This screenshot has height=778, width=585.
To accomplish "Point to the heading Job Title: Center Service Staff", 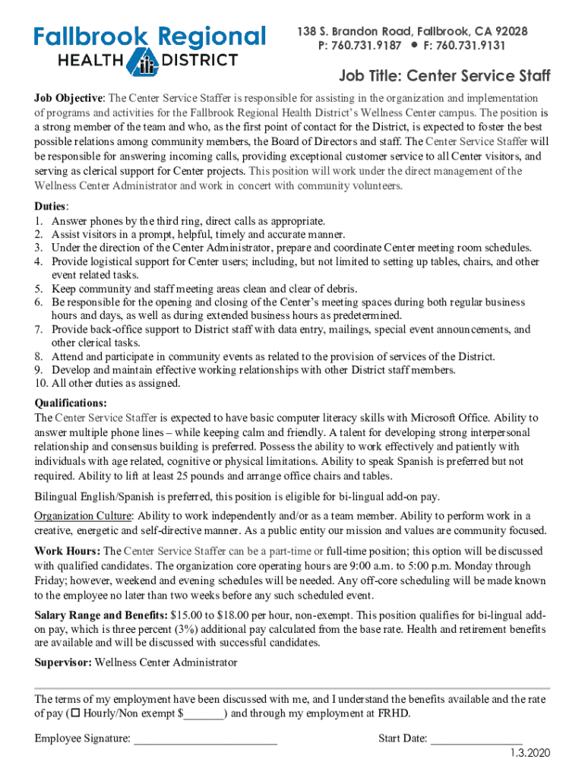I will tap(444, 76).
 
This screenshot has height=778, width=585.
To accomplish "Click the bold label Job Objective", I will tap(68, 99).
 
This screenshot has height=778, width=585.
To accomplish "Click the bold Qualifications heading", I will tap(71, 403).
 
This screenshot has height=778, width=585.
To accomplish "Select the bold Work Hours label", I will tap(67, 551).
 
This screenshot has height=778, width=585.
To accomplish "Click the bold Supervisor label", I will tap(63, 663).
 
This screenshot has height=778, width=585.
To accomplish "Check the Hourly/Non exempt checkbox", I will tap(75, 713).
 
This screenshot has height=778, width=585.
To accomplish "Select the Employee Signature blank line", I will tap(205, 738).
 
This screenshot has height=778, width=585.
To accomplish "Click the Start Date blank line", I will tap(476, 738).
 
